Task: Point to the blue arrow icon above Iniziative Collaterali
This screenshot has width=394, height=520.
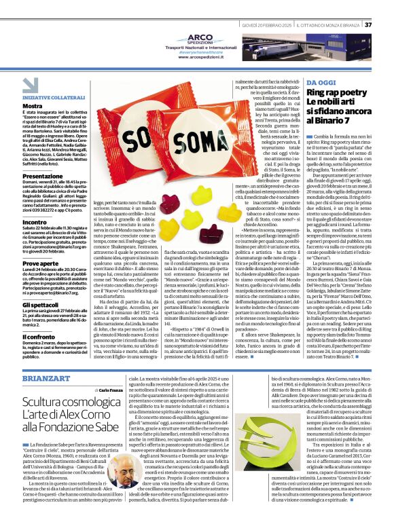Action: click(x=31, y=85)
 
